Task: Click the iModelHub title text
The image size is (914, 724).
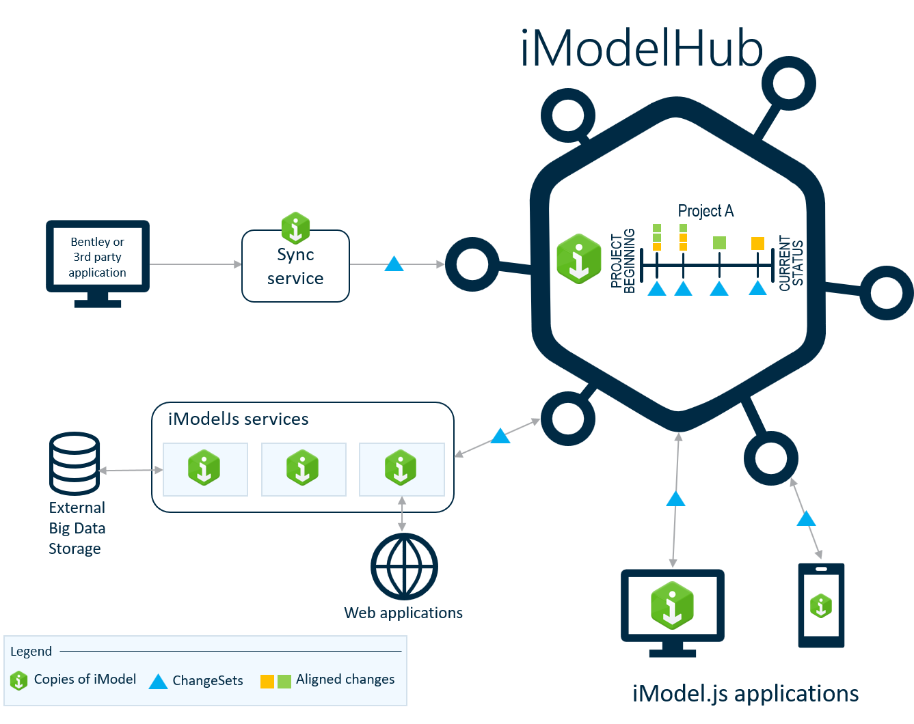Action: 641,49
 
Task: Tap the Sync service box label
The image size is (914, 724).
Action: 295,266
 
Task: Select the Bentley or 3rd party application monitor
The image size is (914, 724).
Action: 98,257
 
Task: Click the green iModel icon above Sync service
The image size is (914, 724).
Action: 295,227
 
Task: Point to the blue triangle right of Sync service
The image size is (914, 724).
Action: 394,264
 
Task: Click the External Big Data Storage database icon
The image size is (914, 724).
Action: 75,463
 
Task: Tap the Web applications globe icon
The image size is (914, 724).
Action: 404,566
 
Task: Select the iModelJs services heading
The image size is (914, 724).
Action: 238,419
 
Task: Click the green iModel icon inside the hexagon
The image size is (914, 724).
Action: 578,259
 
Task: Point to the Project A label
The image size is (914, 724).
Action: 705,211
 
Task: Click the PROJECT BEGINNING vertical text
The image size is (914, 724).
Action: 623,262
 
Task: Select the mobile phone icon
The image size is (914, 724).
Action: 821,605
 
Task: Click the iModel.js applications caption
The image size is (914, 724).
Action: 745,694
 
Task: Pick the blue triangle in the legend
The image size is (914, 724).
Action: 158,681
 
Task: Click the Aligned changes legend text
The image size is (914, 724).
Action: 345,680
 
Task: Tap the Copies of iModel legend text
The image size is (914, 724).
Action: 85,680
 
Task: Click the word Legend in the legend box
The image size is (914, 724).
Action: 31,651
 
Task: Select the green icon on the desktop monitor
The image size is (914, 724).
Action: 672,605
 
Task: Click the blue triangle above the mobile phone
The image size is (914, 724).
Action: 806,519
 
